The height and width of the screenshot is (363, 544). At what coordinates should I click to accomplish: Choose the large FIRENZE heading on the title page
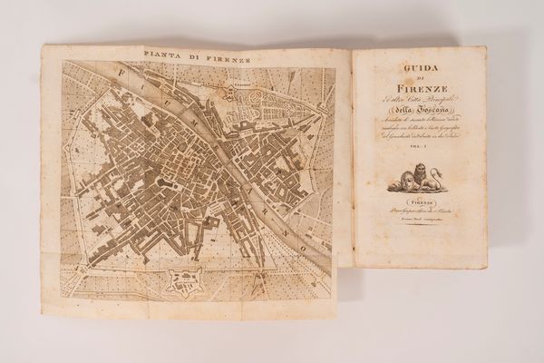click(x=418, y=88)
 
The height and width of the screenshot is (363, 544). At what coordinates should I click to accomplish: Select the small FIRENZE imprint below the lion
click(x=418, y=208)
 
